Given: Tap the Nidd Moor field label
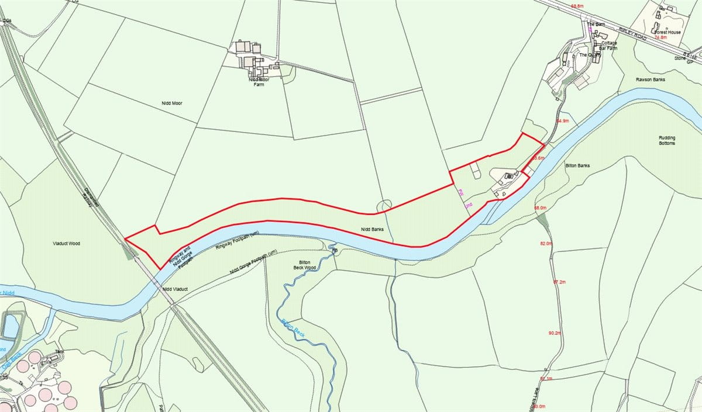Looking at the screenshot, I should pos(173,103).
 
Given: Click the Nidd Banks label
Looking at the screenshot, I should pos(372,230).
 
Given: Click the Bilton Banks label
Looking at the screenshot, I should pos(577,166).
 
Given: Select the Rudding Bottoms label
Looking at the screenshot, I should pos(667,140).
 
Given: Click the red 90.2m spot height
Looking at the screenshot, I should pos(555,333).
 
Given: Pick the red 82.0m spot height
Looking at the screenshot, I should pos(546,243).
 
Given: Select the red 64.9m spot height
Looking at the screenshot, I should pos(562,121).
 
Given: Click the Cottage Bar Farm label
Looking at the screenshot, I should pos(605,46).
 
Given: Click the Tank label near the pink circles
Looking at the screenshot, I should pos(58,352).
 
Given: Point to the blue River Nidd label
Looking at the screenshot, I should pos(7,292).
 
